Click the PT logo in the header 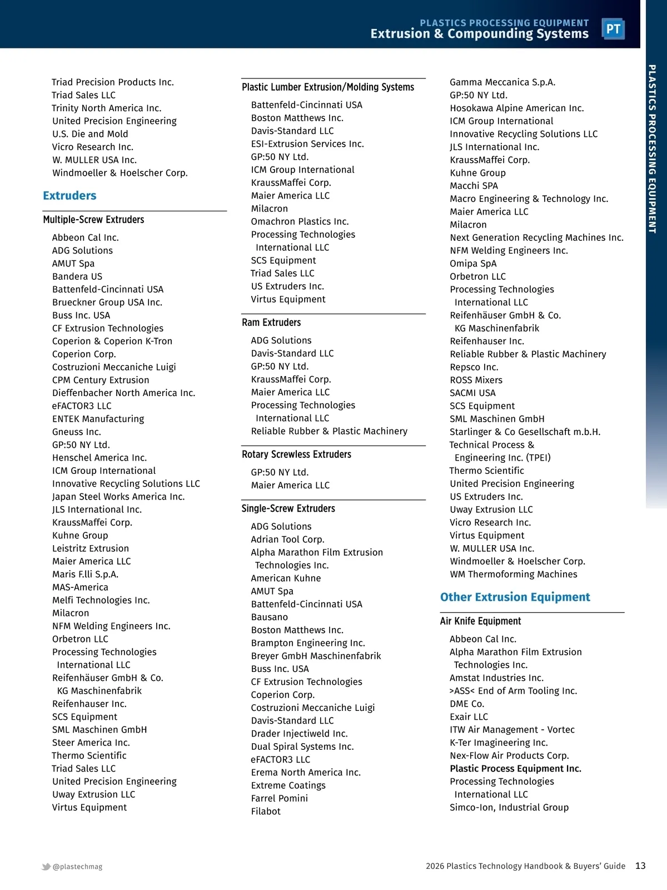coord(613,29)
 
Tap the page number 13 coord(640,866)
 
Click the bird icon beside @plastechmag coord(46,867)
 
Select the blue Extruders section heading coord(69,196)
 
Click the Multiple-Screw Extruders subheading coord(93,220)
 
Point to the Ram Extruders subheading coord(271,323)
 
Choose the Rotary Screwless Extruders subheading coord(296,454)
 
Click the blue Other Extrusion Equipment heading coord(515,597)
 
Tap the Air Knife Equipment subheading coord(480,621)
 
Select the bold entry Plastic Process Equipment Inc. coord(515,768)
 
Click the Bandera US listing coord(77,276)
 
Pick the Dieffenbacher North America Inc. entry coord(123,393)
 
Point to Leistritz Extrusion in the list coord(91,548)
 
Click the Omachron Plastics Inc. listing coord(300,221)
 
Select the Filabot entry coord(266,811)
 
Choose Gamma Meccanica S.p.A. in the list coord(502,82)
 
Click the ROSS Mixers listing coord(476,380)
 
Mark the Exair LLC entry coord(469,716)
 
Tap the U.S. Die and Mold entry coord(90,134)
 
